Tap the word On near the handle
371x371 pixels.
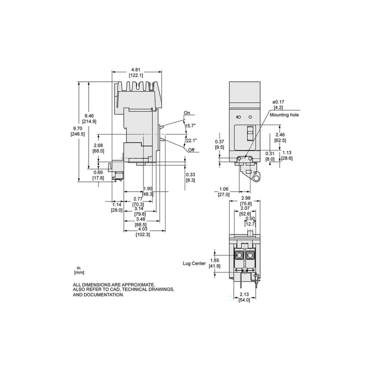click(187, 113)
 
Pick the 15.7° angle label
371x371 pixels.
click(190, 126)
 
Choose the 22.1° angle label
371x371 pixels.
click(191, 140)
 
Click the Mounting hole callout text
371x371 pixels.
click(284, 114)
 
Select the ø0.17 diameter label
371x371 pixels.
click(278, 102)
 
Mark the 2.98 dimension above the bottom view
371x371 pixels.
click(246, 198)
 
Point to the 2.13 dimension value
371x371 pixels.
click(244, 294)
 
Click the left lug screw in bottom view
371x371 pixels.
click(239, 255)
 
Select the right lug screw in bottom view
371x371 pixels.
click(249, 255)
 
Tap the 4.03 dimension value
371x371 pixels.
click(143, 229)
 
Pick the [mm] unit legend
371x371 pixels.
click(79, 272)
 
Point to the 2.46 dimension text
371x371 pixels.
click(280, 135)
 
